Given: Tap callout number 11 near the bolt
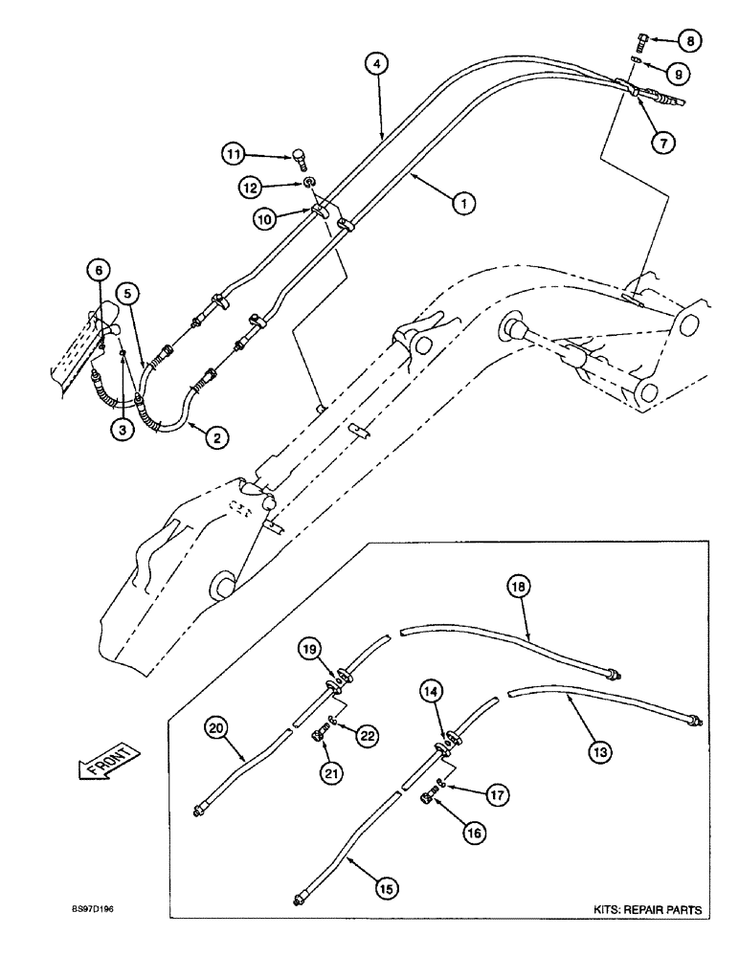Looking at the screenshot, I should pyautogui.click(x=234, y=153).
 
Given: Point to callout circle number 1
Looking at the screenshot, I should pyautogui.click(x=463, y=203).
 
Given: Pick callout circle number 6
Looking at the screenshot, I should pyautogui.click(x=99, y=272).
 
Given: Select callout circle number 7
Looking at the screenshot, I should pyautogui.click(x=663, y=142).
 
